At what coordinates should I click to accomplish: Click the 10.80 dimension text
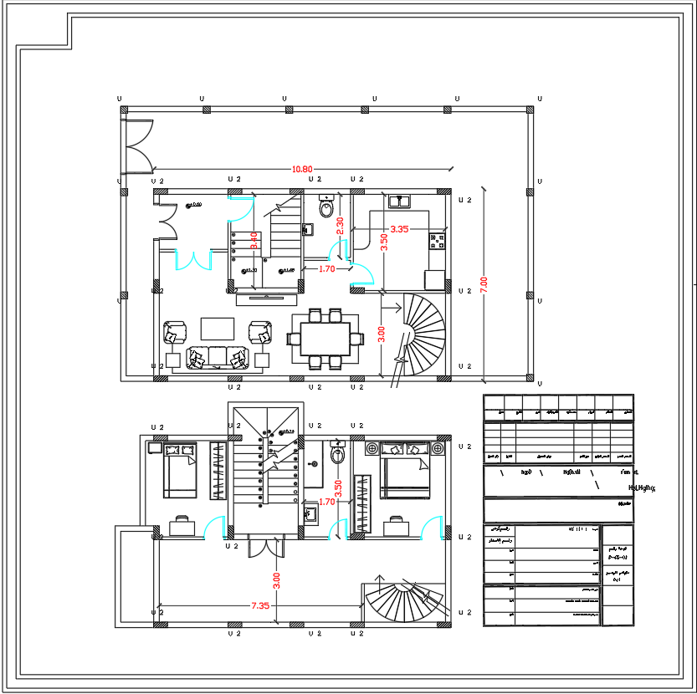(302, 169)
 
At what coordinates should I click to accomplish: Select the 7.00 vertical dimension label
(483, 284)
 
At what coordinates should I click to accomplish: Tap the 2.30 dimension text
(340, 225)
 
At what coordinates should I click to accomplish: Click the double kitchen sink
(397, 201)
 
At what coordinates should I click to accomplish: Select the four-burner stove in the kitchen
(437, 242)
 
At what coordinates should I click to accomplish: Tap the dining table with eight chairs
(325, 338)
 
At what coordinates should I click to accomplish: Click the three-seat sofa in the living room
(218, 357)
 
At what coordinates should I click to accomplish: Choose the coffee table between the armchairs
(218, 328)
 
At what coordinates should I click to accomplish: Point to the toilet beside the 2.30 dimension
(326, 207)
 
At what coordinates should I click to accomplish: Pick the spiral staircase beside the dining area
(424, 330)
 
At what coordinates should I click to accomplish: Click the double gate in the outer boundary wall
(136, 147)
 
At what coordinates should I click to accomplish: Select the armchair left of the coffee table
(175, 332)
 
